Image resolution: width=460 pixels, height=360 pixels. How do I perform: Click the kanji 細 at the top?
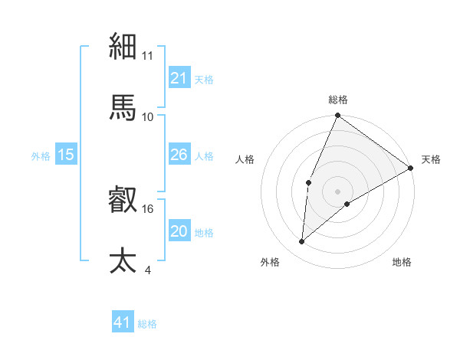tap(123, 47)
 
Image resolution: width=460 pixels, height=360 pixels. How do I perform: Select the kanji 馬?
tap(123, 107)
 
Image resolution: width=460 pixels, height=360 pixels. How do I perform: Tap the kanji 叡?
tap(123, 201)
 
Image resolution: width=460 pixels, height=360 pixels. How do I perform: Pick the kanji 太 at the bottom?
tap(123, 260)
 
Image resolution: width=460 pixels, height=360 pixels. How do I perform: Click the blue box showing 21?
tap(179, 78)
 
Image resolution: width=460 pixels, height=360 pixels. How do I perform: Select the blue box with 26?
tap(179, 155)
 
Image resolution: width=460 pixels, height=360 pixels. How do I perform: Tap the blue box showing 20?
tap(179, 231)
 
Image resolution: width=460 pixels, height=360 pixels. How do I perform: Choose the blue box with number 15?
tap(65, 155)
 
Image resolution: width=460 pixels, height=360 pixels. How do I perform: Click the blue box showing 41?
tap(122, 322)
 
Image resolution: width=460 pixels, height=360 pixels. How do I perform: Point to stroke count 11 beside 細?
tap(148, 56)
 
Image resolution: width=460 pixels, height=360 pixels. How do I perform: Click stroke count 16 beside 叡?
tap(148, 208)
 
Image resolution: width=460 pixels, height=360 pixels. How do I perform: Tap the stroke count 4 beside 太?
tap(147, 270)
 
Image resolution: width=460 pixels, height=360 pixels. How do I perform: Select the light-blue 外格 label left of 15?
tap(41, 155)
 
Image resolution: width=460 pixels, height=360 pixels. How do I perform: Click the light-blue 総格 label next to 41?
tap(147, 324)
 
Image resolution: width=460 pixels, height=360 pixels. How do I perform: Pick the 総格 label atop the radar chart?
tap(337, 100)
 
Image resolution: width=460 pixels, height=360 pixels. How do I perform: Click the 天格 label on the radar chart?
tap(431, 159)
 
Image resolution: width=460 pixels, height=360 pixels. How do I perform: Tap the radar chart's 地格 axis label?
tap(402, 262)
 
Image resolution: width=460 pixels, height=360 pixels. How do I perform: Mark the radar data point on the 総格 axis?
tap(337, 116)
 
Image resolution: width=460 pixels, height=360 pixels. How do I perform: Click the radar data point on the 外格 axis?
tap(302, 242)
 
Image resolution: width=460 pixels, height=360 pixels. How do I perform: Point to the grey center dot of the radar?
tap(337, 191)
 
